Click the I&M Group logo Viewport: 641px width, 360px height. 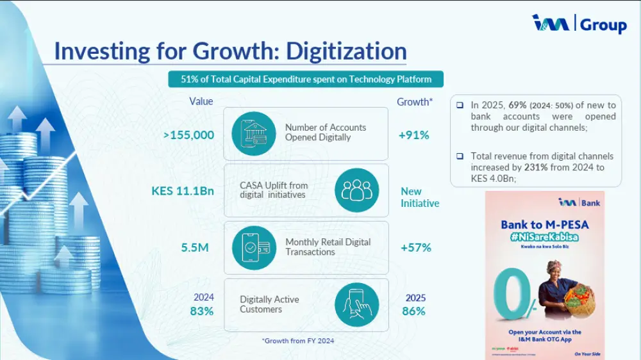[x=579, y=24]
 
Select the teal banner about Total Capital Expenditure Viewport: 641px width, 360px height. [x=305, y=79]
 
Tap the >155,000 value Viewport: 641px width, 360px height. [x=188, y=135]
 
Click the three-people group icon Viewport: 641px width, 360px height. [x=356, y=190]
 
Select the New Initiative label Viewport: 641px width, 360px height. [x=419, y=197]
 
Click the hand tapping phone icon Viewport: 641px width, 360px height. [x=356, y=304]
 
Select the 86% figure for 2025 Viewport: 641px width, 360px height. [x=413, y=311]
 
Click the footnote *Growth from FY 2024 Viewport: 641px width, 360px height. [x=297, y=341]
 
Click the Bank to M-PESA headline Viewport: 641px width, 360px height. [x=544, y=225]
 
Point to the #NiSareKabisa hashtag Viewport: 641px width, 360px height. [x=544, y=236]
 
